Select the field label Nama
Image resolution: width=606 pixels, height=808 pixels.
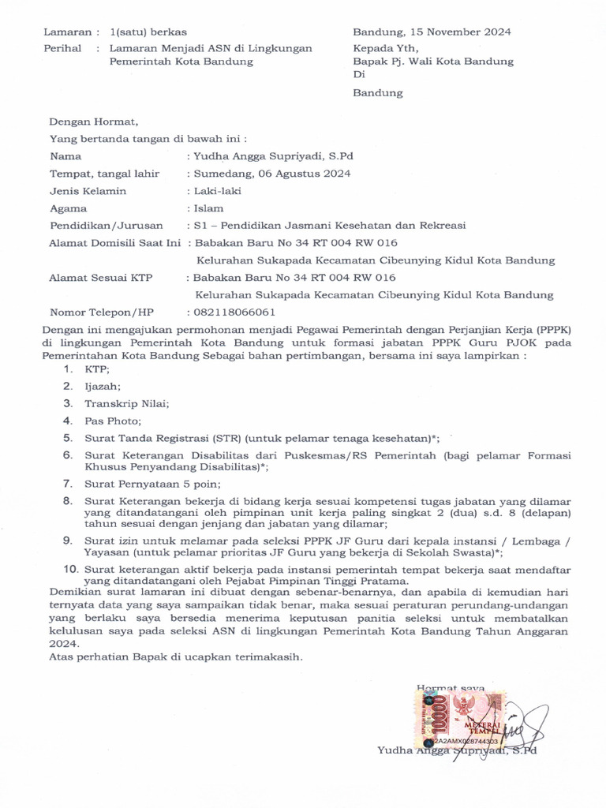[65, 156]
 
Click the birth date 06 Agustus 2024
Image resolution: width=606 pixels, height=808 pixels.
[304, 174]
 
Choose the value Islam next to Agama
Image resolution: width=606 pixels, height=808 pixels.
[208, 208]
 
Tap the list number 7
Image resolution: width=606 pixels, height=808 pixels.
[69, 484]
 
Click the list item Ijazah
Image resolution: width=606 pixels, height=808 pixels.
[103, 387]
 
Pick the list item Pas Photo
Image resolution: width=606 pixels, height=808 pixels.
[114, 421]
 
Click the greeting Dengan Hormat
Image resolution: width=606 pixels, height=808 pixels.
[94, 122]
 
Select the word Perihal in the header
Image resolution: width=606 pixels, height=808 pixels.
[62, 48]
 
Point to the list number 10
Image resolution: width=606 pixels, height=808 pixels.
[70, 569]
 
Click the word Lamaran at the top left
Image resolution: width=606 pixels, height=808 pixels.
[65, 32]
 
